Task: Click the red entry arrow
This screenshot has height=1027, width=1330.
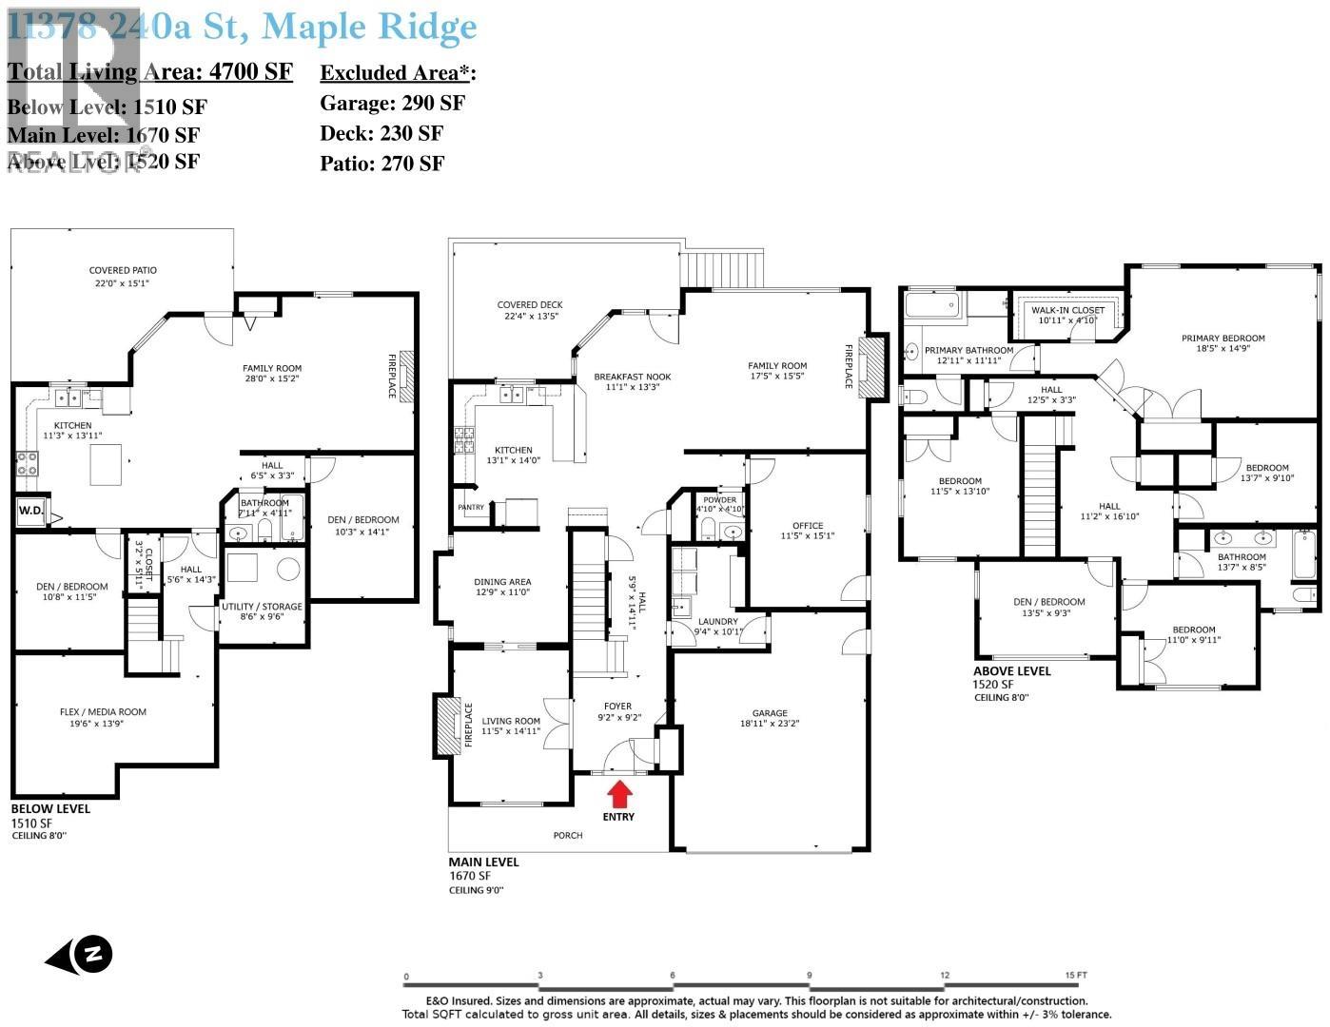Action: [x=619, y=792]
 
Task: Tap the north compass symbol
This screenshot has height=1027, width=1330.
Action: [x=80, y=954]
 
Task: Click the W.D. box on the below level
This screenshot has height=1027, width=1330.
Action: [x=29, y=511]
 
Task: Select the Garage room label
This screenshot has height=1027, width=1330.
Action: [x=770, y=712]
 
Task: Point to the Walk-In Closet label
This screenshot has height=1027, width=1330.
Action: [x=1067, y=310]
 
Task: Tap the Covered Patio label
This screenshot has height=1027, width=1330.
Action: [x=123, y=270]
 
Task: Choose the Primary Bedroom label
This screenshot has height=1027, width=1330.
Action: [x=1222, y=338]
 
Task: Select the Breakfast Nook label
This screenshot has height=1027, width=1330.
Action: [x=632, y=377]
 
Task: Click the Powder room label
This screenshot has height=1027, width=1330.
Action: [x=719, y=499]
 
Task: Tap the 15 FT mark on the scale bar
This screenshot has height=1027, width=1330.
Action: [x=1076, y=976]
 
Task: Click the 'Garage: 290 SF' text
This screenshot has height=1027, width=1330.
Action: [x=392, y=103]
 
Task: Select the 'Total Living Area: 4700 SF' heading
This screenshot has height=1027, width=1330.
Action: [x=150, y=72]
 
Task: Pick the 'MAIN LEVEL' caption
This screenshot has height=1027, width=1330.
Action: [x=484, y=862]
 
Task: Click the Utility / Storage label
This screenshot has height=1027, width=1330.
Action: [x=262, y=607]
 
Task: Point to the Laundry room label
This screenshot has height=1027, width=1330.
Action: [x=716, y=621]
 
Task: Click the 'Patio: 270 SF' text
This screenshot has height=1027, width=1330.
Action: [x=381, y=163]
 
